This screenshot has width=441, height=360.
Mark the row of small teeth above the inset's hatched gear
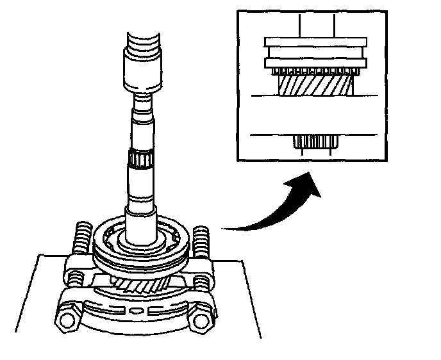point(315,69)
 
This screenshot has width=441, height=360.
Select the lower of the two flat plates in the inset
point(315,61)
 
